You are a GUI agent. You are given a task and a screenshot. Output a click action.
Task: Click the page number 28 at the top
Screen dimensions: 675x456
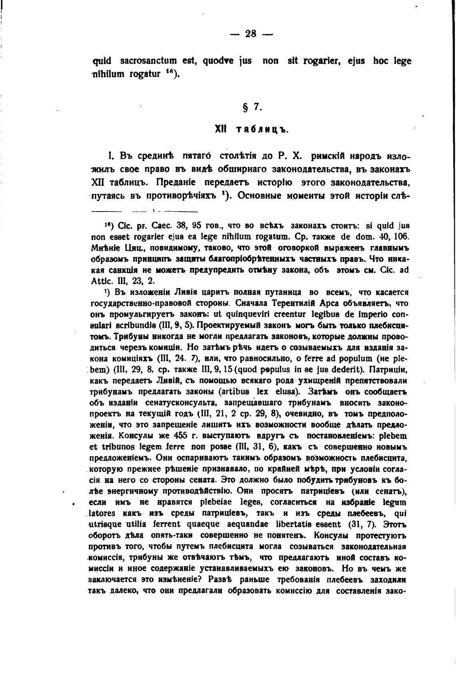[x=251, y=34]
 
